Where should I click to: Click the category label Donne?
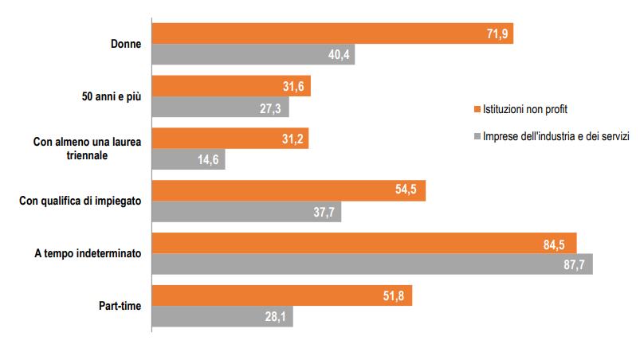click(x=125, y=45)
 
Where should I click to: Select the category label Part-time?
click(x=119, y=306)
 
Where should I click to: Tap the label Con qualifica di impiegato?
click(x=80, y=202)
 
